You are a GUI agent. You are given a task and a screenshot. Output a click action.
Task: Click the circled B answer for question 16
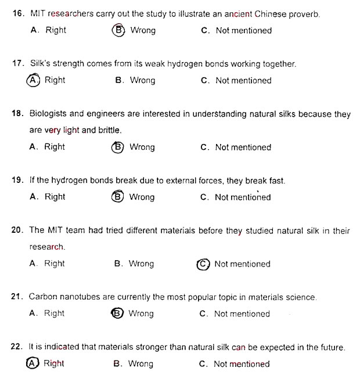[x=119, y=30]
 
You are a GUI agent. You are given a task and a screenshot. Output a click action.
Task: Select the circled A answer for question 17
[x=33, y=80]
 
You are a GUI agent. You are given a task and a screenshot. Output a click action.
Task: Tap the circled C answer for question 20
[x=203, y=264]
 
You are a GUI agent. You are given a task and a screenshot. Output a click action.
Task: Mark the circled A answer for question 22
[x=33, y=363]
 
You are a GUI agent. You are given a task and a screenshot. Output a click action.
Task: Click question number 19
[x=17, y=181]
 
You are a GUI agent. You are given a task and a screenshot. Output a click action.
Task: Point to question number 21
[x=17, y=297]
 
